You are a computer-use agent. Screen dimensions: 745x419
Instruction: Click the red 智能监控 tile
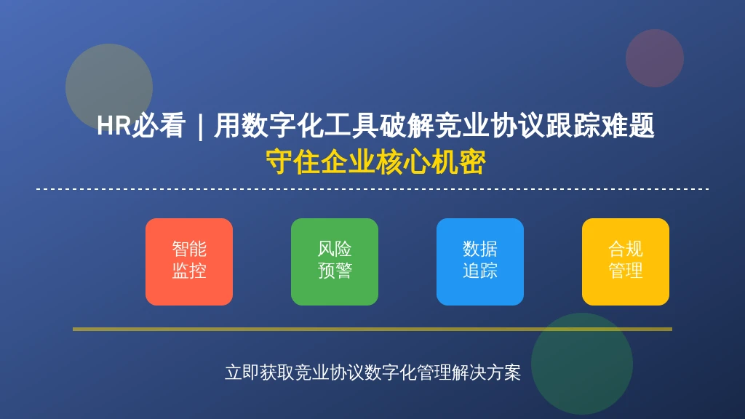[x=189, y=262]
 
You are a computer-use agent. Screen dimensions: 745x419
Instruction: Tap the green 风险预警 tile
[x=335, y=262]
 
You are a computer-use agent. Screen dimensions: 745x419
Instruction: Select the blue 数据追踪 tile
[x=480, y=262]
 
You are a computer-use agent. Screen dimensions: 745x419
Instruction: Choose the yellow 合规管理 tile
[x=625, y=262]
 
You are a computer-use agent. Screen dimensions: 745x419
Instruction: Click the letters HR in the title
[x=114, y=126]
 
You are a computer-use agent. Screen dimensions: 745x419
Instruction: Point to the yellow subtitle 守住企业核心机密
[x=375, y=162]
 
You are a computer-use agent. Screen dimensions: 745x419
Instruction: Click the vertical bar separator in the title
[x=200, y=127]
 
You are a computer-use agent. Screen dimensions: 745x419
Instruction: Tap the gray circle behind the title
[x=109, y=87]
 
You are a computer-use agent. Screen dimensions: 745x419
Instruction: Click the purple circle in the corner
[x=654, y=58]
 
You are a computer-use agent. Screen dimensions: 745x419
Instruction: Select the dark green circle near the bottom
[x=581, y=364]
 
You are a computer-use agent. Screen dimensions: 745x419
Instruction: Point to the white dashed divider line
[x=372, y=189]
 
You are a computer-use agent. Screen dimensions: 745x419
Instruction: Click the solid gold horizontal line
[x=372, y=329]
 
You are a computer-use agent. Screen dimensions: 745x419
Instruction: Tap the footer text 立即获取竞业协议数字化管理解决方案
[x=373, y=372]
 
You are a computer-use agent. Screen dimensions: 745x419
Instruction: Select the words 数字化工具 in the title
[x=310, y=126]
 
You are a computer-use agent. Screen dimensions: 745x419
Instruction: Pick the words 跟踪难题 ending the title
[x=600, y=126]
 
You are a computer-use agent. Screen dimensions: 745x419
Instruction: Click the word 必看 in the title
[x=158, y=126]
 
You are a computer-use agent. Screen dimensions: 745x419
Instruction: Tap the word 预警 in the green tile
[x=335, y=271]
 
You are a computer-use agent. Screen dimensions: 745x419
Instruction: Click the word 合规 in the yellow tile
[x=625, y=249]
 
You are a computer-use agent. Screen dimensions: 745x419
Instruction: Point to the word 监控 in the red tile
[x=189, y=271]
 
